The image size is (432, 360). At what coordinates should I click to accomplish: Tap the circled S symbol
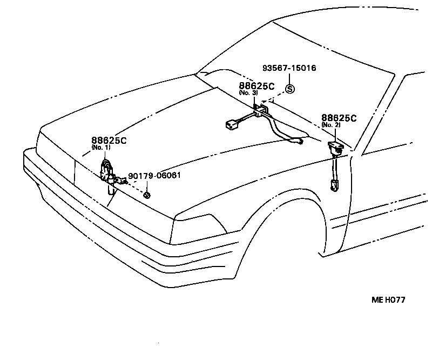coord(290,89)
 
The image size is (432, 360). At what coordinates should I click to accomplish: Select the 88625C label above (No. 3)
coord(257,86)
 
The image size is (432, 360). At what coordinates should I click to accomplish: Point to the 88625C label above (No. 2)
coord(339,118)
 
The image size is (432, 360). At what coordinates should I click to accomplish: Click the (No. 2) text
coord(330,125)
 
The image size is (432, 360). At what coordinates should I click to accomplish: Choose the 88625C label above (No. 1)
coord(109,140)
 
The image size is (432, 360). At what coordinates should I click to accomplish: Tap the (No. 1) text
coord(100,147)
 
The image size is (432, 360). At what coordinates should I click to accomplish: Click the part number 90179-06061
coord(154,176)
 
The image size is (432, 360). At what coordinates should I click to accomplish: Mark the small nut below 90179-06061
coord(147,194)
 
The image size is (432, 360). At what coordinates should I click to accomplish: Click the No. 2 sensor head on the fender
coord(335,146)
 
